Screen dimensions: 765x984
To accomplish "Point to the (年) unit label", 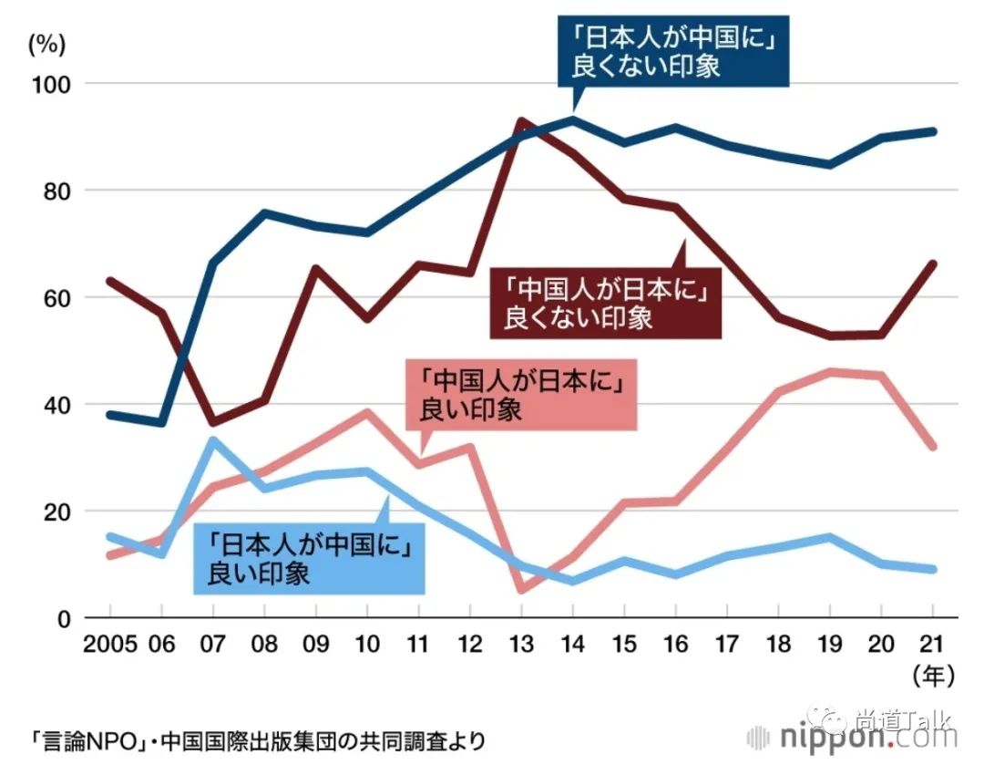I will [932, 675].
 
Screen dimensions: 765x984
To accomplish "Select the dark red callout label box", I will [605, 303].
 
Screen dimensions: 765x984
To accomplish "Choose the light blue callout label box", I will [310, 558].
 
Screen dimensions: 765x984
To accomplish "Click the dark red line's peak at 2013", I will [521, 120].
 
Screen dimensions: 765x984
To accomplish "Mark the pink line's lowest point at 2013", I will [521, 589].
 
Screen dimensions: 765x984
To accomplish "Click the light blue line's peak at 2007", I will [212, 440].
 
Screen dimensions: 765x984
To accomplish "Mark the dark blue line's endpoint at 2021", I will [932, 131].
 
